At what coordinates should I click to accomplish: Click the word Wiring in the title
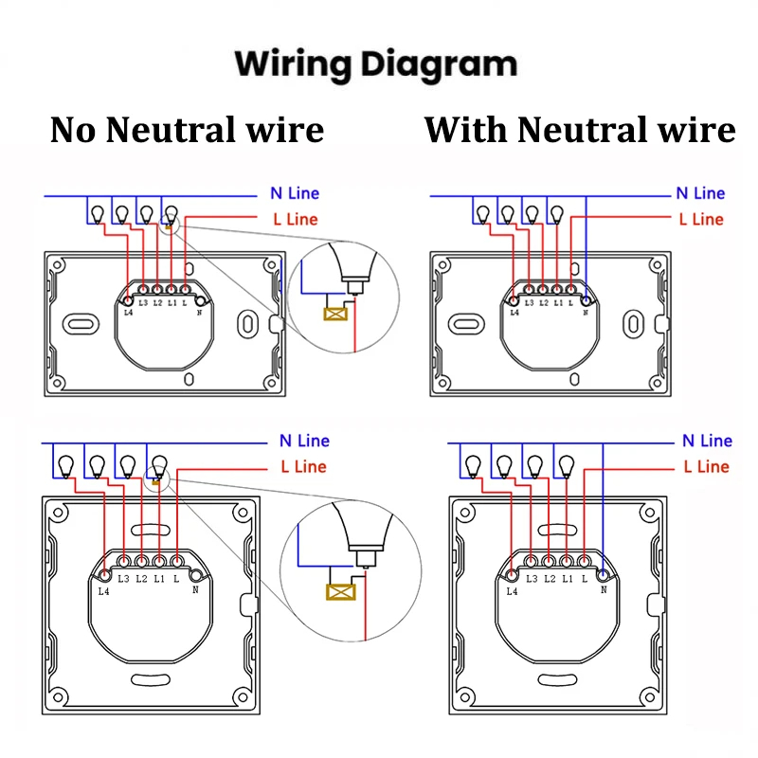tap(293, 64)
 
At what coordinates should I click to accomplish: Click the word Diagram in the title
tap(437, 64)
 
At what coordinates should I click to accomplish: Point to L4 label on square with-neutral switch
tap(512, 591)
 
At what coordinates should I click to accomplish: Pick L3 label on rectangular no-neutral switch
tap(143, 303)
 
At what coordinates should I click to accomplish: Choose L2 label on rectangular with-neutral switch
tap(543, 303)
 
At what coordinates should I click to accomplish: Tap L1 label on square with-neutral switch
tap(567, 578)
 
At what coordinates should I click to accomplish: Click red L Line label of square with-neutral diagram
tap(706, 466)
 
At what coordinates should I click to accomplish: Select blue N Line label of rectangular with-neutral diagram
tap(700, 193)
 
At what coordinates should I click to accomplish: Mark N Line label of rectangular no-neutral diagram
tap(295, 193)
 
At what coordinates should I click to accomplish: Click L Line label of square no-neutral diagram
tap(303, 466)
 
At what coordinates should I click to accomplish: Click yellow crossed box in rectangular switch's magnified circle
tap(334, 314)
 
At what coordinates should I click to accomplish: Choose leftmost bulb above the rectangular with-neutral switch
tap(483, 214)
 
